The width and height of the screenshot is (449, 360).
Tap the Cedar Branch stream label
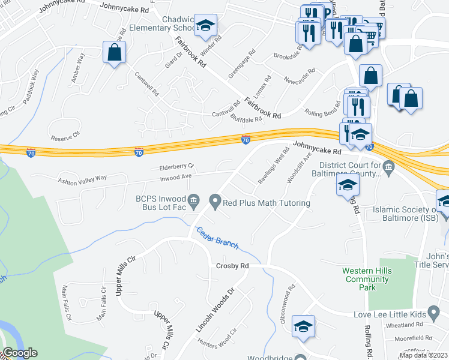(x=217, y=238)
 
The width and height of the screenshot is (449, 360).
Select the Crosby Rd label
(x=232, y=266)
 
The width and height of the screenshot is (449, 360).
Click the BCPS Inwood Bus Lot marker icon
(x=193, y=200)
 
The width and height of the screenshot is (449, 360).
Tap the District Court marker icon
(x=389, y=166)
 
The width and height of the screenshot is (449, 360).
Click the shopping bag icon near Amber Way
(x=114, y=53)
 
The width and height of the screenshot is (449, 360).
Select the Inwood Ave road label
(x=175, y=176)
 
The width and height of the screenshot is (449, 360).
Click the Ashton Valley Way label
(x=82, y=178)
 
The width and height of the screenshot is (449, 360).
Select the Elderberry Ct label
(x=176, y=166)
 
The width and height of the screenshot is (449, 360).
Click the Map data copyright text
(x=423, y=355)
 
